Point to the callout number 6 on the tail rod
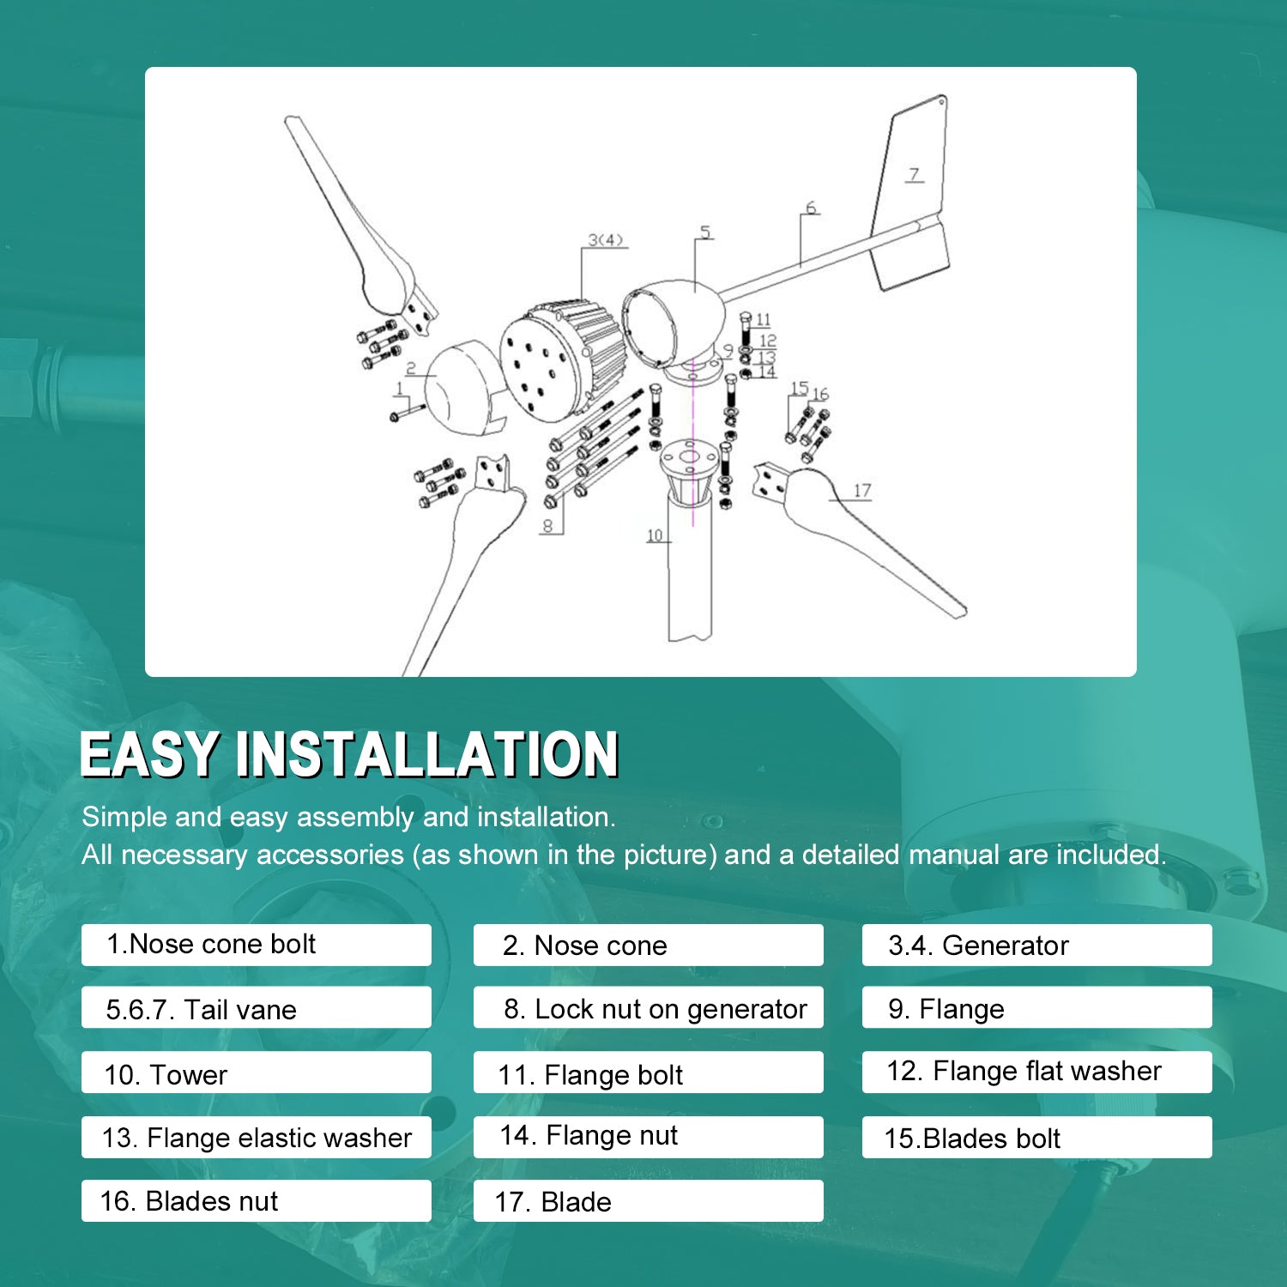tap(811, 208)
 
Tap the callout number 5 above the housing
tap(705, 232)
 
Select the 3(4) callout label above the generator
tap(605, 240)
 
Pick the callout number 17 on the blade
tap(862, 490)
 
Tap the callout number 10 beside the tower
tap(655, 535)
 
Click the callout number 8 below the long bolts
tap(547, 525)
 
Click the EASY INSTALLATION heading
tap(349, 754)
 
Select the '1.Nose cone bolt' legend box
tap(257, 945)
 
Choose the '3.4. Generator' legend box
tap(1037, 945)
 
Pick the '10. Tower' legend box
tap(257, 1072)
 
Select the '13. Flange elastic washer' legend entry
tap(257, 1137)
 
